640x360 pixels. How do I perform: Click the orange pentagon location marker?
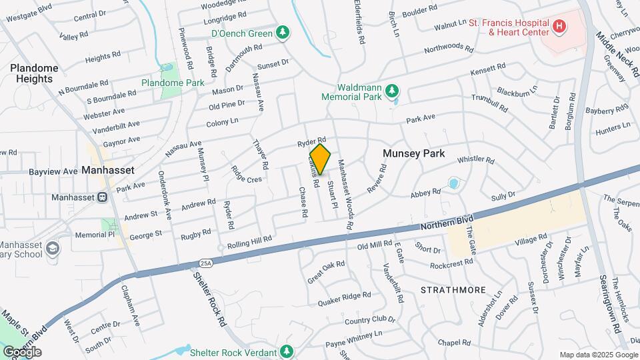click(x=320, y=160)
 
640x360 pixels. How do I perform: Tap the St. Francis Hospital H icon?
click(x=559, y=27)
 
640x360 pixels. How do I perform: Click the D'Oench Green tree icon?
click(x=283, y=33)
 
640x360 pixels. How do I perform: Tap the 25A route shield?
click(x=206, y=263)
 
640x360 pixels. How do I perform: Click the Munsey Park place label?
click(x=413, y=153)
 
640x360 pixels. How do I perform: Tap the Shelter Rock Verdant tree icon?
click(x=287, y=351)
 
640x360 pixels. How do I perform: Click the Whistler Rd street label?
click(x=475, y=160)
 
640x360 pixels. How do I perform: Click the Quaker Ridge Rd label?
click(x=344, y=295)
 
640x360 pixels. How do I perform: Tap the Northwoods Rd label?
click(x=448, y=49)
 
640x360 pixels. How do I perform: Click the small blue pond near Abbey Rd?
click(x=454, y=183)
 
